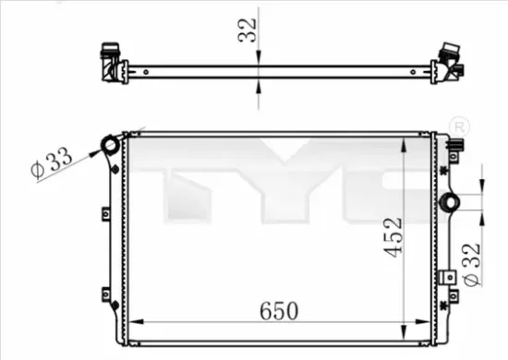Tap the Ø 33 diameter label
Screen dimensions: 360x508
(51, 162)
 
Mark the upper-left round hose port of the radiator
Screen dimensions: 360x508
(111, 145)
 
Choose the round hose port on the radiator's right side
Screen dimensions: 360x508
(452, 202)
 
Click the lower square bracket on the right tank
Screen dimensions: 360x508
(447, 274)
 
